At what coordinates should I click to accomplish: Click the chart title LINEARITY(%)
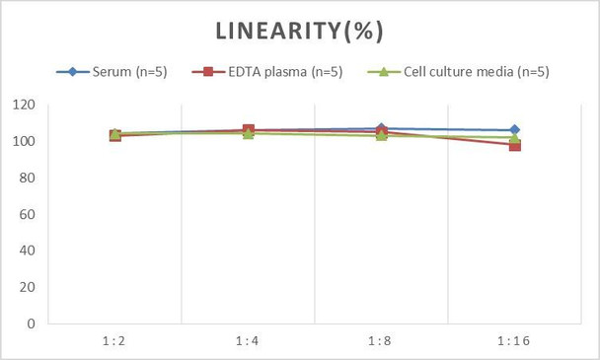click(299, 31)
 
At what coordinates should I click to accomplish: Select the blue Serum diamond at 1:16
click(515, 130)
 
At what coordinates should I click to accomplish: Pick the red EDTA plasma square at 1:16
click(515, 146)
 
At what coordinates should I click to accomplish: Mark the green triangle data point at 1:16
click(515, 138)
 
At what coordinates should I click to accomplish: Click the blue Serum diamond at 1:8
click(382, 128)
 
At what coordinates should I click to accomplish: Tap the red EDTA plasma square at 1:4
click(249, 130)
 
